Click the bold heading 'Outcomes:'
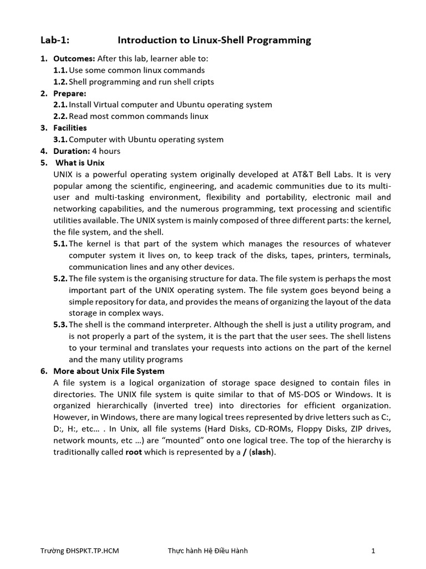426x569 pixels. (74, 58)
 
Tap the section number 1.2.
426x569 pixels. (60, 82)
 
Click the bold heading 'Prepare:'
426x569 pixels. (70, 93)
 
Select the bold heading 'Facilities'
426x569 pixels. (70, 128)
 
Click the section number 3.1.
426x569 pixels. (60, 139)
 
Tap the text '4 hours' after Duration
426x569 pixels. (106, 151)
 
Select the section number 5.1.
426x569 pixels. (60, 243)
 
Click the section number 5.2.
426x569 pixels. (60, 278)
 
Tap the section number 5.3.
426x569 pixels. (60, 325)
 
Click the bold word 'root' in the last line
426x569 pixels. (134, 452)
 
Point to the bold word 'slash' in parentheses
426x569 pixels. (262, 452)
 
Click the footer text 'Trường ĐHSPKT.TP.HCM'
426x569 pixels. (80, 551)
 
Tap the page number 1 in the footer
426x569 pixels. (374, 551)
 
